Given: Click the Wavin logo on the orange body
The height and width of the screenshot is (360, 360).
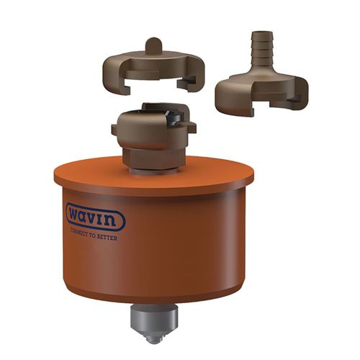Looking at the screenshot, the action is pyautogui.click(x=96, y=217).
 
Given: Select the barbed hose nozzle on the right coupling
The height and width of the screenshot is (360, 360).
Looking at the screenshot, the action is pyautogui.click(x=261, y=50).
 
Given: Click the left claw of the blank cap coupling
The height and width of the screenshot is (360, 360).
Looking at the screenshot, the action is pyautogui.click(x=114, y=77).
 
